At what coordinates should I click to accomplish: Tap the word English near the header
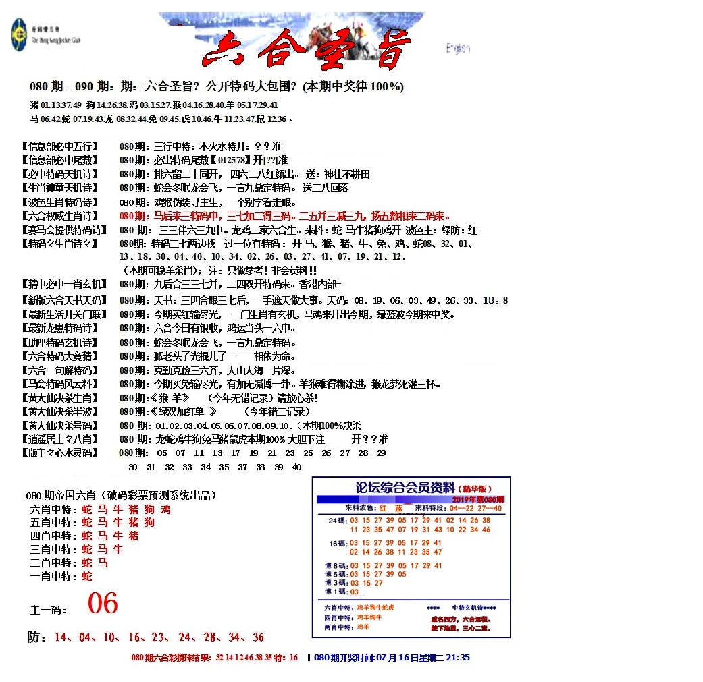coord(458,49)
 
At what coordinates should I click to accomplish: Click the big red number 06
coord(103,603)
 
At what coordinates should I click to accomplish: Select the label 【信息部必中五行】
coord(59,146)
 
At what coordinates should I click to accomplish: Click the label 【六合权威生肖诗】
coord(59,216)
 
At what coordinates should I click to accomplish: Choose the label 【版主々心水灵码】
coord(59,453)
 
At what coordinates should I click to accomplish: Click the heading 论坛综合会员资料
coord(405,487)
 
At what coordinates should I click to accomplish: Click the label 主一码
coord(49,610)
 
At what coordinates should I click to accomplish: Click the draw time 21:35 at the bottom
coord(456,658)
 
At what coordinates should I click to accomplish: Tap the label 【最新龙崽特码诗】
coord(59,329)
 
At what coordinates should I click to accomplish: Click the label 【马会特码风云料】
coord(59,384)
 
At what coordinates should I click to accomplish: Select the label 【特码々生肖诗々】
coord(59,244)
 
